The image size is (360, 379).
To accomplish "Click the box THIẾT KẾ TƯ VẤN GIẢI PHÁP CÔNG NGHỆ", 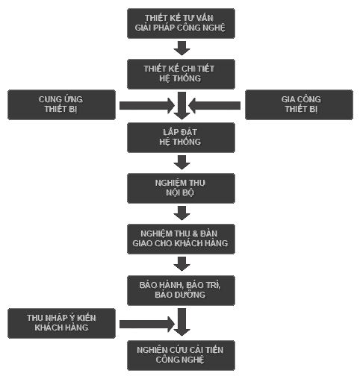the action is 181,23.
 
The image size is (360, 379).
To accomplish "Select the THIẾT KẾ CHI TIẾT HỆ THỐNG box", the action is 181,74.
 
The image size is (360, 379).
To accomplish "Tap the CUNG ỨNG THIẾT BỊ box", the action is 61,104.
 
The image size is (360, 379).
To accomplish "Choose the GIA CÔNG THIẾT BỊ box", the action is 299,104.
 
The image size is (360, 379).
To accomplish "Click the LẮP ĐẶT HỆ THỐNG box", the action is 181,137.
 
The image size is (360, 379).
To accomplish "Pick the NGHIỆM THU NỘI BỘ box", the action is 181,188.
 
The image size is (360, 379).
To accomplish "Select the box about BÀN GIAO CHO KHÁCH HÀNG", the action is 181,239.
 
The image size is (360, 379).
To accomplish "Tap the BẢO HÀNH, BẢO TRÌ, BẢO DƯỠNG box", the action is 181,290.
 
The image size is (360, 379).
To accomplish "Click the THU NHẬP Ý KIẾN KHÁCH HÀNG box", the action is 61,323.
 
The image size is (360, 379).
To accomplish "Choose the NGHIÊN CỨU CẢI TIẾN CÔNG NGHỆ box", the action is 181,355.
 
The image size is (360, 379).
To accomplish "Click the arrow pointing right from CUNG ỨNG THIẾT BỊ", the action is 147,105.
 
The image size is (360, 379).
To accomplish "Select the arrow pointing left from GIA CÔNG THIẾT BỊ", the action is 214,105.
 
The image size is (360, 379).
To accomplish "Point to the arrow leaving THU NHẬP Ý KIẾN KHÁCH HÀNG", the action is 147,324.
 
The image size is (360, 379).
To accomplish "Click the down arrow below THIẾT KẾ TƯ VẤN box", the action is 181,48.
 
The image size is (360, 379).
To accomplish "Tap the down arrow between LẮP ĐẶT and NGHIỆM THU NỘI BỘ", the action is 181,163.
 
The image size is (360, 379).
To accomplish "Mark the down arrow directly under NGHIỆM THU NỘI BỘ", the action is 181,213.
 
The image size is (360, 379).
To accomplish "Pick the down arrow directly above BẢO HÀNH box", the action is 181,264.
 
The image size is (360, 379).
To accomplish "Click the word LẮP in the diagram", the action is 170,132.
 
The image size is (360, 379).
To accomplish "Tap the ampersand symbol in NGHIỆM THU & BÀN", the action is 195,234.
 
